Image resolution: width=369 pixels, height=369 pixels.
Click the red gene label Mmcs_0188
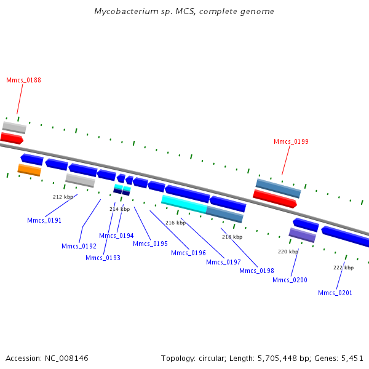click(23, 80)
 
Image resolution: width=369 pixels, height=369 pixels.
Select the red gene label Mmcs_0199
click(291, 141)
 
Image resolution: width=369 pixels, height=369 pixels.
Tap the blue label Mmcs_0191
click(44, 221)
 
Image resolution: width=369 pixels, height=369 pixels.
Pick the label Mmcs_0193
click(103, 258)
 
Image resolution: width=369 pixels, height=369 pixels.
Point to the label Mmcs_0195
click(151, 244)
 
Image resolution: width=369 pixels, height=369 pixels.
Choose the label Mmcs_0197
click(223, 262)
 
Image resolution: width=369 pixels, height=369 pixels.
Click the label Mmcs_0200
click(290, 280)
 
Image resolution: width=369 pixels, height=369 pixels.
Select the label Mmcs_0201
click(335, 293)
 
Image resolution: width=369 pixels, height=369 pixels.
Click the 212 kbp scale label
click(63, 197)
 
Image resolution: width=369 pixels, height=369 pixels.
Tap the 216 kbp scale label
click(175, 223)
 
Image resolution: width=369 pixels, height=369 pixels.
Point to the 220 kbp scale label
click(288, 252)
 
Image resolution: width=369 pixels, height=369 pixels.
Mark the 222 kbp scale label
click(344, 268)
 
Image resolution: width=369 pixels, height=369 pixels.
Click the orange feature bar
click(30, 170)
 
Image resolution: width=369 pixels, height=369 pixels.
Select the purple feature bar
click(302, 235)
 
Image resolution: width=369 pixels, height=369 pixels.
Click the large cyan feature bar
click(184, 204)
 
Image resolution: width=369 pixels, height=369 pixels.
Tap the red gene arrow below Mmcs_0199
click(275, 199)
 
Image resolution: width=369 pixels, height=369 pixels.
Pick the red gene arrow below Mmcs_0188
click(12, 138)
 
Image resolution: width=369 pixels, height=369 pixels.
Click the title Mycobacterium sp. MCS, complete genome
click(184, 11)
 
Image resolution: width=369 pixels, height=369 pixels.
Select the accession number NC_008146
click(66, 359)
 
